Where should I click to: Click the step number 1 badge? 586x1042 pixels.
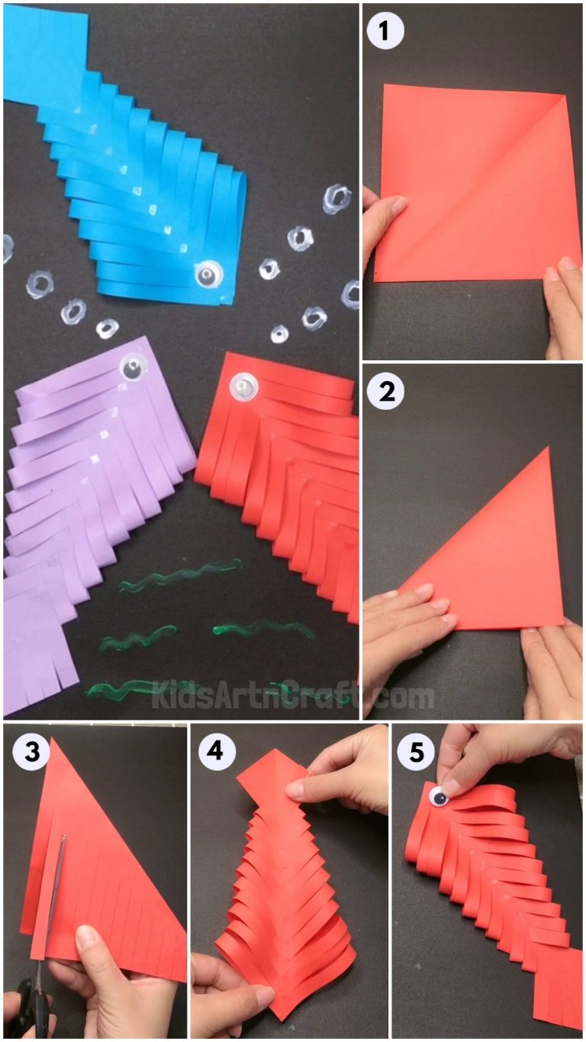[385, 31]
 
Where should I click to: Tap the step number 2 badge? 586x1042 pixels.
[385, 392]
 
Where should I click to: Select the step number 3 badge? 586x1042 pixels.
[27, 751]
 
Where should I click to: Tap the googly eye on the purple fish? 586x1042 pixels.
[134, 369]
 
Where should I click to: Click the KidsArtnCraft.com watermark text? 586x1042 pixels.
[294, 695]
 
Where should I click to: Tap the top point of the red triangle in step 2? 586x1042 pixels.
[548, 450]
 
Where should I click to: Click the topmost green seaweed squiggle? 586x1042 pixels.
[180, 575]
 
